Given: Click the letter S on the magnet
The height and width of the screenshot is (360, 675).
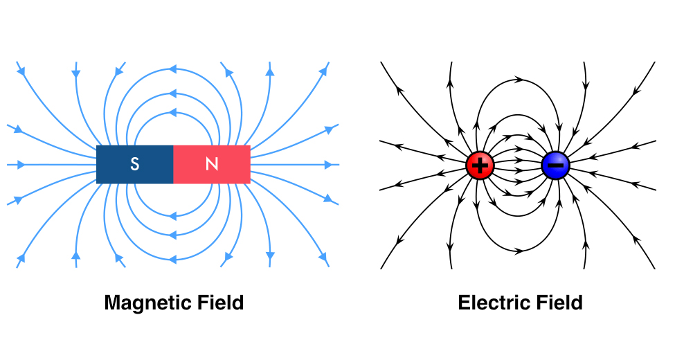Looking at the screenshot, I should tap(135, 164).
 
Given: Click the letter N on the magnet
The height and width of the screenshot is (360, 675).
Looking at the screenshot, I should tap(212, 164).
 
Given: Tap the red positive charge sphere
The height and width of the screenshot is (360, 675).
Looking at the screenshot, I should tap(479, 165).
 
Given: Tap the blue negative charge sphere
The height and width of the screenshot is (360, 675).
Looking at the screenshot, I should tap(555, 165).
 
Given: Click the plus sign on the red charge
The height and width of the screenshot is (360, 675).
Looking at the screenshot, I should tap(479, 165).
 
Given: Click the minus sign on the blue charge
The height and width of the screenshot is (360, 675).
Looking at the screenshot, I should tap(555, 165).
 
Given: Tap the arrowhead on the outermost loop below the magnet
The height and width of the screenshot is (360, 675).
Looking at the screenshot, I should tap(172, 260).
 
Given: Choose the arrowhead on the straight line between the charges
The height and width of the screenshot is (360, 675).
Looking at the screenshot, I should tap(518, 165).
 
